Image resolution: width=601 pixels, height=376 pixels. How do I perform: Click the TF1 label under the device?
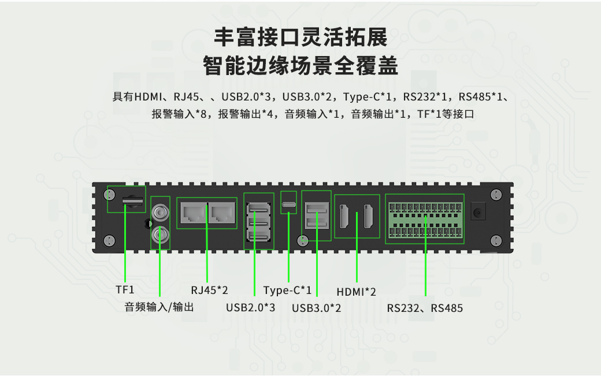(x=125, y=289)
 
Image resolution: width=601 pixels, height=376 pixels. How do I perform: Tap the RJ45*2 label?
(x=209, y=289)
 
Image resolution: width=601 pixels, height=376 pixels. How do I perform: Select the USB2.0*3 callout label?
(x=250, y=308)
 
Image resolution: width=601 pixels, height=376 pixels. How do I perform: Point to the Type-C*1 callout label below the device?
(x=287, y=290)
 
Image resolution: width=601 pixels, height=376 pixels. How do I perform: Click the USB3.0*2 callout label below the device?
(x=316, y=308)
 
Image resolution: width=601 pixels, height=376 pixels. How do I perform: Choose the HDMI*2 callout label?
(x=356, y=292)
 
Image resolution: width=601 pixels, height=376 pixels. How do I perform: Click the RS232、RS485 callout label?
(x=425, y=308)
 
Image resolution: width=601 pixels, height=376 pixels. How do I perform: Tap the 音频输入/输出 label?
(x=159, y=307)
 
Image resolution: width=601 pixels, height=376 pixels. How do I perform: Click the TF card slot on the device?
(x=132, y=200)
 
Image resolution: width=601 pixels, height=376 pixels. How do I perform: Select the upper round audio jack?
(x=159, y=213)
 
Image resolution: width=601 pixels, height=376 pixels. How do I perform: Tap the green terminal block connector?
(x=425, y=219)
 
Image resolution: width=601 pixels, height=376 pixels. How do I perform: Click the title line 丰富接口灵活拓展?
(x=300, y=38)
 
